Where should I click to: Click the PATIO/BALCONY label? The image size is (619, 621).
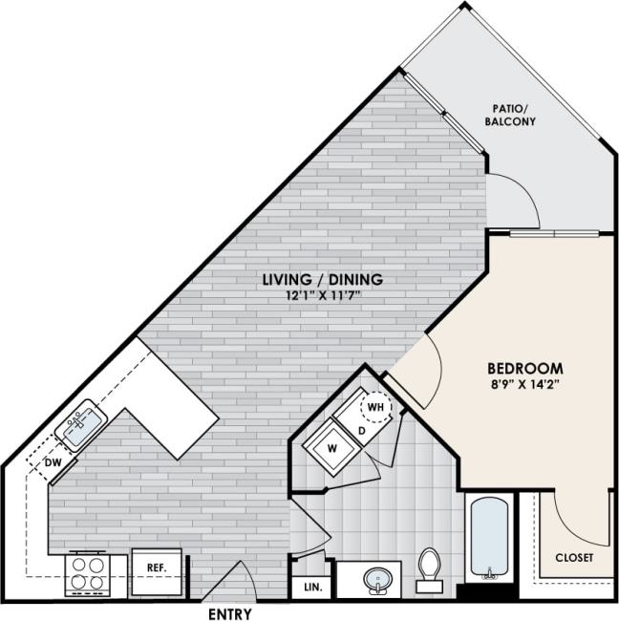point(514,116)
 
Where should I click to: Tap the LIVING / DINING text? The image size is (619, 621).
point(323,279)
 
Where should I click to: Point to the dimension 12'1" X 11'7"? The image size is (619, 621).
point(323,296)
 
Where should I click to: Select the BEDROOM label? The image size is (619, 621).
point(524,368)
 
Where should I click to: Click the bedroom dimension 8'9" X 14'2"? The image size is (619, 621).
point(524,386)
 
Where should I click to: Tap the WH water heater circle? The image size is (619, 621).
point(376,409)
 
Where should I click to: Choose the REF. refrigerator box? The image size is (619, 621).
point(157,567)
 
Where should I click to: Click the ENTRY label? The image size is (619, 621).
point(229,613)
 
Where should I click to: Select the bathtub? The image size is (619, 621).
point(488,535)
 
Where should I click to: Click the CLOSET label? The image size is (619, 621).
point(573,557)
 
